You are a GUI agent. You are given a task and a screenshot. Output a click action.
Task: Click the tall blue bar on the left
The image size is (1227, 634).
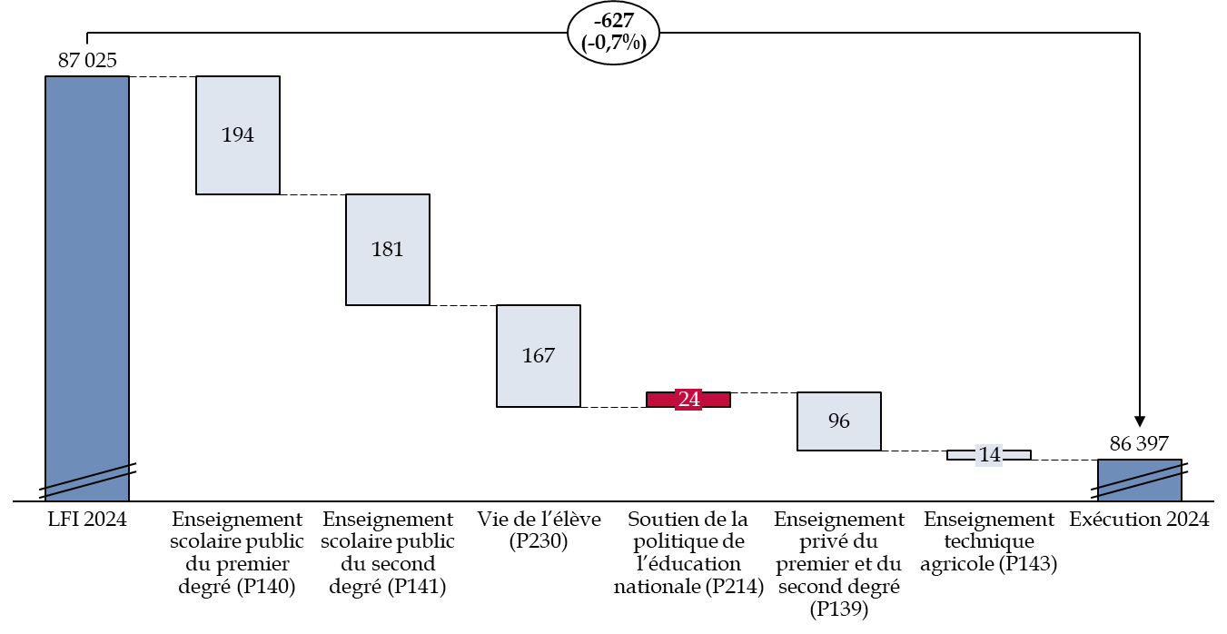coord(87,272)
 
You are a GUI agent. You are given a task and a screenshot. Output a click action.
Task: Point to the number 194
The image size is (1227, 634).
coord(238,135)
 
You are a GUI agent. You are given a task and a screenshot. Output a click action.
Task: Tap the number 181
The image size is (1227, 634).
coord(388,250)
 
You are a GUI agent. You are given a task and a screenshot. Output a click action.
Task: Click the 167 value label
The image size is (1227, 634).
coord(539,356)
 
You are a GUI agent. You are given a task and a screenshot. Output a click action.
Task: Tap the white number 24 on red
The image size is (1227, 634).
coord(688,400)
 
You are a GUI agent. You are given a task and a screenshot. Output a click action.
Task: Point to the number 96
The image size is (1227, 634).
coord(839,421)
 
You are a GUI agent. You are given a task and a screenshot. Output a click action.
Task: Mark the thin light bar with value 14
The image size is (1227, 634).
coord(959,455)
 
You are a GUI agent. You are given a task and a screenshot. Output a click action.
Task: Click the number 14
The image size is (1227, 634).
coord(989,455)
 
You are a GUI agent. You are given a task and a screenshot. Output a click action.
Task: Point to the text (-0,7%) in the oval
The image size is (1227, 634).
coord(613,43)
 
